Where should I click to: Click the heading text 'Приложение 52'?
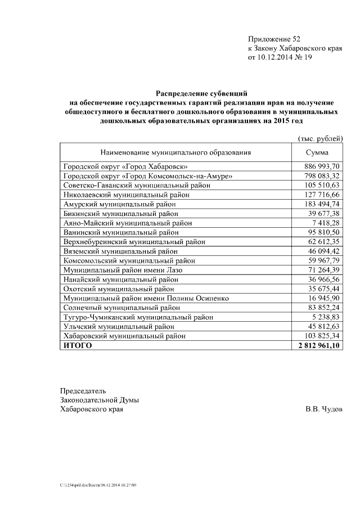[x=274, y=39]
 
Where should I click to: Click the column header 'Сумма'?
[x=317, y=152]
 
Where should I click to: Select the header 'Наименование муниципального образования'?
[x=175, y=152]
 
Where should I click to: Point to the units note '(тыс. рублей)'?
[x=319, y=138]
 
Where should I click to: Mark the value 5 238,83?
[x=324, y=317]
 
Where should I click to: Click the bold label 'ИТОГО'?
[x=78, y=345]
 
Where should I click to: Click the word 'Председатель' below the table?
[x=83, y=390]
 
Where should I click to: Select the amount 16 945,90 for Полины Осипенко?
[x=322, y=298]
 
